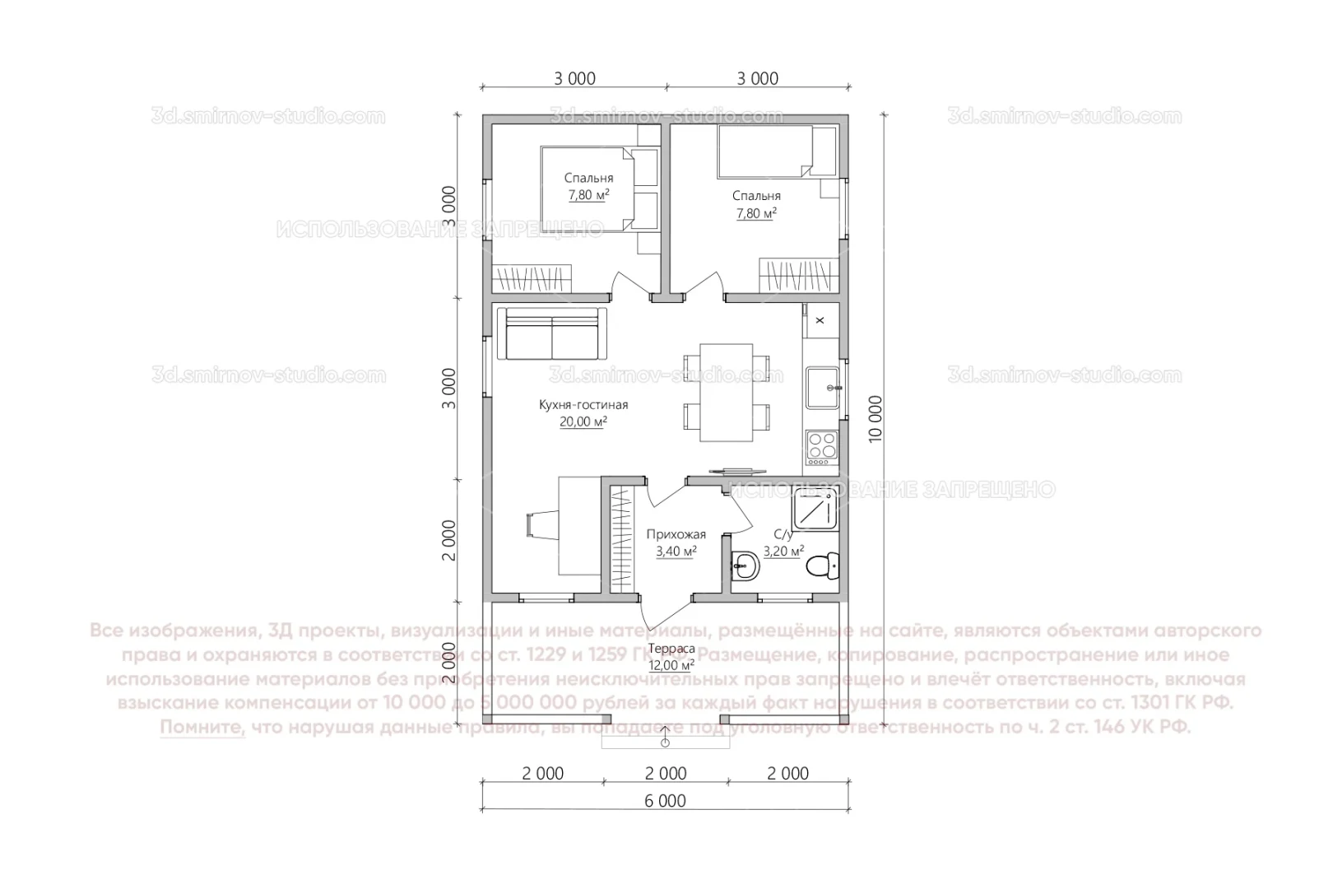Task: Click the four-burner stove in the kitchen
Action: tap(821, 445)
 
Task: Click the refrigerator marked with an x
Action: tap(820, 320)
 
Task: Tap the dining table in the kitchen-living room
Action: tap(726, 392)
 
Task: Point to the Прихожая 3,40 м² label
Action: tap(676, 543)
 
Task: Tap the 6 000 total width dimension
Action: tap(666, 801)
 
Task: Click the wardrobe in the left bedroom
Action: tap(532, 277)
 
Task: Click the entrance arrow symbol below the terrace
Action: tap(665, 742)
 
